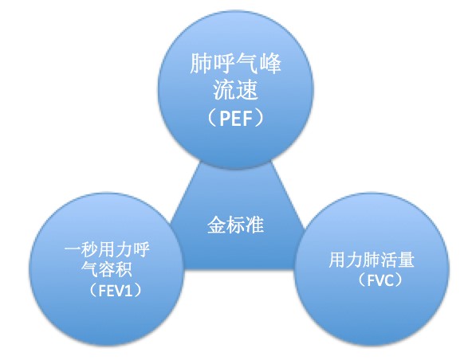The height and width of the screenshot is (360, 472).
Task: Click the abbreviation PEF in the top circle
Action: (x=236, y=118)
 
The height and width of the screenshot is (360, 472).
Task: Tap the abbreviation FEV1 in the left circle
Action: (x=116, y=290)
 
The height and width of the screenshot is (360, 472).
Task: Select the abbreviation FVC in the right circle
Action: (x=380, y=280)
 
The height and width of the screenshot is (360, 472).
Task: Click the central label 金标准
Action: (x=236, y=225)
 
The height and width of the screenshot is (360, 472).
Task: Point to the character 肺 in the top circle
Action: (x=201, y=64)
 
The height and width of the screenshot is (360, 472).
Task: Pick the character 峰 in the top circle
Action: (x=270, y=64)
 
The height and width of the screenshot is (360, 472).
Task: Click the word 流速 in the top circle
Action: (x=236, y=90)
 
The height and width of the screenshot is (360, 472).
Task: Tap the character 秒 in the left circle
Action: (x=90, y=249)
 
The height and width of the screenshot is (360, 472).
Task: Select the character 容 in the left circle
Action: (x=107, y=268)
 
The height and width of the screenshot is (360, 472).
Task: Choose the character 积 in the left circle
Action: (x=124, y=268)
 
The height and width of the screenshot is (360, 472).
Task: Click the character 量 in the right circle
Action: (x=406, y=260)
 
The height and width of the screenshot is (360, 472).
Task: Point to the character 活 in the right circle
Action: (x=388, y=260)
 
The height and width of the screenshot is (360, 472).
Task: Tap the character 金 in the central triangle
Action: (x=217, y=225)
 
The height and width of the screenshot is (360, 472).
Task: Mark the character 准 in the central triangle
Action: (x=254, y=225)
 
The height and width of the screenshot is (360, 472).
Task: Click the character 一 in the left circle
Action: (x=73, y=249)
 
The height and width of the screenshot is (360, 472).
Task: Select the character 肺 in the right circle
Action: (x=372, y=260)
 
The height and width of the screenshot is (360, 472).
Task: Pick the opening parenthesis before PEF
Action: (x=212, y=118)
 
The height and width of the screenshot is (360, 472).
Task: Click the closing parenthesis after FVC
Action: (x=398, y=280)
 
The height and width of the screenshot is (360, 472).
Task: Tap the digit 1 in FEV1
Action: (x=128, y=290)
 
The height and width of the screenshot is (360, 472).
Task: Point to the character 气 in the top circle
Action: (x=247, y=64)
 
